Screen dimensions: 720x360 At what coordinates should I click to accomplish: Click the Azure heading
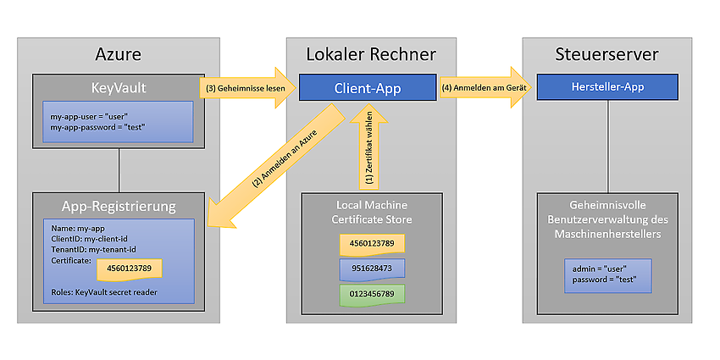[x=118, y=55]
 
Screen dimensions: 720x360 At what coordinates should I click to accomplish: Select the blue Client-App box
[x=368, y=87]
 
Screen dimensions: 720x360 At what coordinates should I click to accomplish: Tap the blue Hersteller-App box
[x=607, y=86]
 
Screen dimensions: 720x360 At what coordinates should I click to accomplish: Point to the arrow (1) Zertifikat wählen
[x=368, y=149]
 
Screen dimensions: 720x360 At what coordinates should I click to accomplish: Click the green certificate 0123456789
[x=372, y=293]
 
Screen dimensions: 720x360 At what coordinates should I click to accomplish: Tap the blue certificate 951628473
[x=372, y=268]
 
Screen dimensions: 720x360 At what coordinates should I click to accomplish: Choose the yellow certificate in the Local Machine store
[x=372, y=243]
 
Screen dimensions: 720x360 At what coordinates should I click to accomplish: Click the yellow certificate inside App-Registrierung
[x=129, y=269]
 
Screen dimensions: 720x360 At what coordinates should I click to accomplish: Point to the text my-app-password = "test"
[x=97, y=127]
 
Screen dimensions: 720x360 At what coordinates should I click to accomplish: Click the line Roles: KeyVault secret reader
[x=103, y=292]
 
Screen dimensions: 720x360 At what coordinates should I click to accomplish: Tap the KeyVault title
[x=119, y=87]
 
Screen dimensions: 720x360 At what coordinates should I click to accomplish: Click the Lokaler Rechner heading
[x=371, y=55]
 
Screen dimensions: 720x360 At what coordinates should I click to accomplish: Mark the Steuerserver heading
[x=606, y=55]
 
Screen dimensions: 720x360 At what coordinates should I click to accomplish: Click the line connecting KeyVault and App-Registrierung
[x=119, y=170]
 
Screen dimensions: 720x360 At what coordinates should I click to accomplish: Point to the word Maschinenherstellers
[x=607, y=234]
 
